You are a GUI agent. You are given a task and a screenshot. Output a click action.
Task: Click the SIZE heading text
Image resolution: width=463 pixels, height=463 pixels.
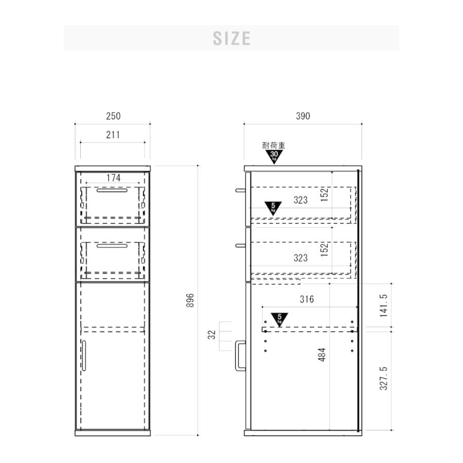pos(232,39)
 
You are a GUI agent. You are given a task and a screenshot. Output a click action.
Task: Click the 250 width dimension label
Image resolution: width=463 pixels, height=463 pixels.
pos(113,116)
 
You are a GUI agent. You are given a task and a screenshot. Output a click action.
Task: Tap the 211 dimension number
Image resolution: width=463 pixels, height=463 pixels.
pos(113,135)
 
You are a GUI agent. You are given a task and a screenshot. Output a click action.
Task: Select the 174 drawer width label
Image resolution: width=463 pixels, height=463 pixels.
pos(113,178)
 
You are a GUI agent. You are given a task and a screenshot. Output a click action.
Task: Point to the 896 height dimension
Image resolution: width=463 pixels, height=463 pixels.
pos(190,300)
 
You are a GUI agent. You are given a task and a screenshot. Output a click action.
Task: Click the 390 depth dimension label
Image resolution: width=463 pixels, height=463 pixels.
pos(303,116)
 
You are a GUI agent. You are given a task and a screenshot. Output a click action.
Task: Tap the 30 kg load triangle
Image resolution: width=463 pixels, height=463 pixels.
pos(274,156)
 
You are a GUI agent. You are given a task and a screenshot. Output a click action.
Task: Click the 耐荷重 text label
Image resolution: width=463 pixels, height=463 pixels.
pos(274,146)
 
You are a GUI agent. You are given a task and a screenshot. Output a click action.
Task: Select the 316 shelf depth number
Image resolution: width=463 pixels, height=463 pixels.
pos(307,299)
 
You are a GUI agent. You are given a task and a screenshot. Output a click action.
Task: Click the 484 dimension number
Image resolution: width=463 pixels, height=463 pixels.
pos(322,354)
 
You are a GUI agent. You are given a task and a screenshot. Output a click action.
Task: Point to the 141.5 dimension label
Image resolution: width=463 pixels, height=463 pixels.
pos(384,306)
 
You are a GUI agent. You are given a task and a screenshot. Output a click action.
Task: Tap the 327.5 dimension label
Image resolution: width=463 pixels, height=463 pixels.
pos(384,378)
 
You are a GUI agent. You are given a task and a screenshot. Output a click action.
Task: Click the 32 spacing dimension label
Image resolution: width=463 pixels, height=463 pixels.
pos(212,335)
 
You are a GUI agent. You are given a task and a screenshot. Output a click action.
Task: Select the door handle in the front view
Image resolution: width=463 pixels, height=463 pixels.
pos(84,355)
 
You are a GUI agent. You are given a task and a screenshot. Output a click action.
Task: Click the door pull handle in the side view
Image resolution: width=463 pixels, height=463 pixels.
pos(240,355)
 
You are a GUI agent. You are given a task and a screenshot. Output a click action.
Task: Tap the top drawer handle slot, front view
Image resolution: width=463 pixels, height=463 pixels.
pos(112,190)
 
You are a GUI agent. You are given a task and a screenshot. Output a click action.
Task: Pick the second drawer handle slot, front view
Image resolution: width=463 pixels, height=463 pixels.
pos(112,245)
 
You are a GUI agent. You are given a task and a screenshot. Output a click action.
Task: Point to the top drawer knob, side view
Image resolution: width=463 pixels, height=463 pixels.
pos(240,190)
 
